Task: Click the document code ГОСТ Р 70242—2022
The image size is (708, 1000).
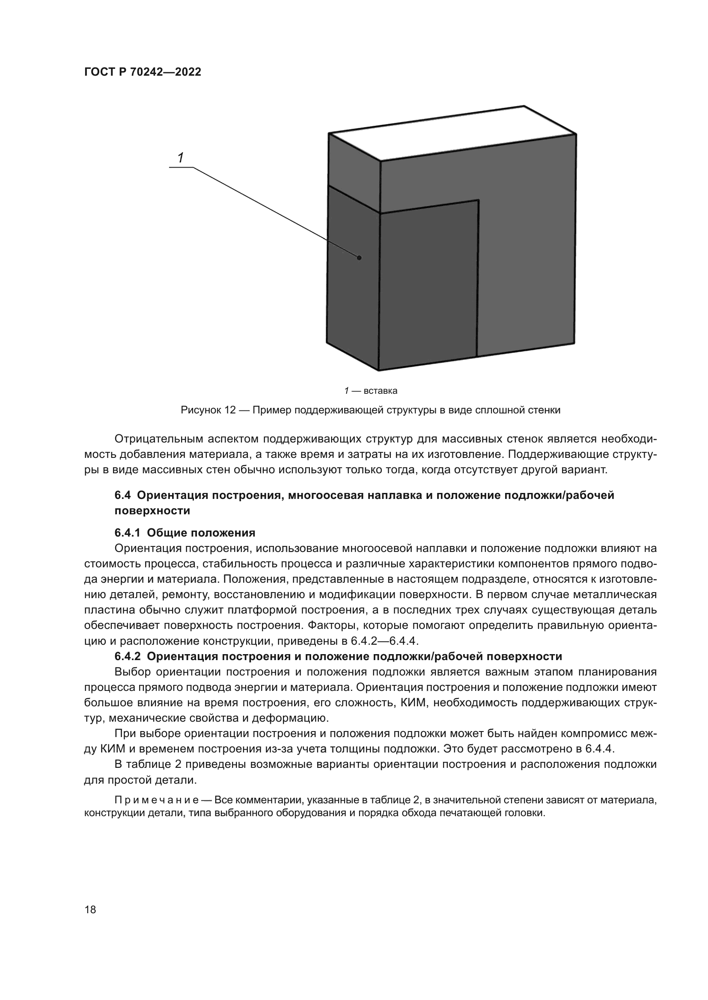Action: click(143, 72)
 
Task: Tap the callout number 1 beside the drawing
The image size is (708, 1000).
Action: click(181, 158)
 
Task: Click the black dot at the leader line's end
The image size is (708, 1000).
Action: click(359, 258)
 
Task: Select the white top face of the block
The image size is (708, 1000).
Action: click(453, 133)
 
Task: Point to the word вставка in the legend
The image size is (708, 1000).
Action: click(380, 391)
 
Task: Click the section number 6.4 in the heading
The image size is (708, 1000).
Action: click(122, 496)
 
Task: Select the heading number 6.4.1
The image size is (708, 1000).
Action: click(127, 533)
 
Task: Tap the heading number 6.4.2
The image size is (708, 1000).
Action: click(127, 656)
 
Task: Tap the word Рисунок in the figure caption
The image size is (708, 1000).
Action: click(201, 410)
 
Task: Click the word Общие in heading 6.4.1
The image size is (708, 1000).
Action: click(167, 533)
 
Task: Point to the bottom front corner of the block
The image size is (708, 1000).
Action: click(378, 371)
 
